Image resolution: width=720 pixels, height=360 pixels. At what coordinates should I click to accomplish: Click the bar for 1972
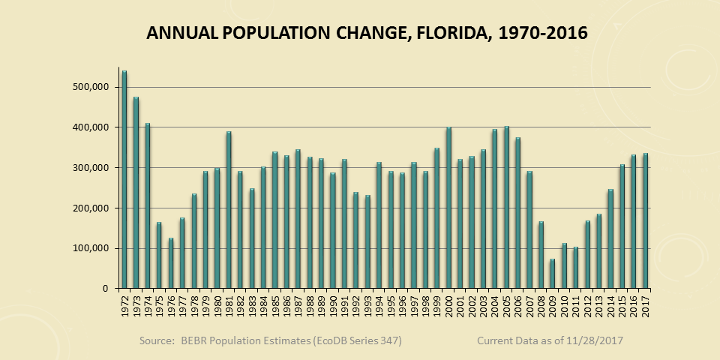pyautogui.click(x=124, y=180)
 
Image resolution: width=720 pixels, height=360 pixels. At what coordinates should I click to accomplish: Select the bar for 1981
pyautogui.click(x=228, y=211)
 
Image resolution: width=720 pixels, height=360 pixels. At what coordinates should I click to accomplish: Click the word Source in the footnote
pyautogui.click(x=157, y=341)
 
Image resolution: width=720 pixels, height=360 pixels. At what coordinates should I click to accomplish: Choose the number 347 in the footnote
pyautogui.click(x=388, y=341)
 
